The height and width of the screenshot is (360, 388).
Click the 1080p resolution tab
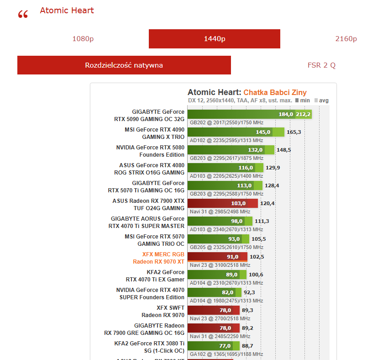tap(83, 39)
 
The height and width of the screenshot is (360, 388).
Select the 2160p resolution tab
tap(346, 39)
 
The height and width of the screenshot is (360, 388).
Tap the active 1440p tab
tap(214, 39)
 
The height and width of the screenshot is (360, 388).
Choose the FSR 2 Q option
tap(321, 65)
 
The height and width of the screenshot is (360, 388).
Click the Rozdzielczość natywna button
tap(124, 65)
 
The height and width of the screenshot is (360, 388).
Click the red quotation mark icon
tap(23, 15)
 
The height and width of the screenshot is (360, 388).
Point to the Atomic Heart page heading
tap(67, 11)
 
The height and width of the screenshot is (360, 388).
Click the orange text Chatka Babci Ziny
tap(275, 92)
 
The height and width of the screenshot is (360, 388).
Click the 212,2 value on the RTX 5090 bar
tap(303, 114)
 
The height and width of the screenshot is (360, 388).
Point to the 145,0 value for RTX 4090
tap(263, 132)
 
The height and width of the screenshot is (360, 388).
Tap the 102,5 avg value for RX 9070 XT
tap(257, 257)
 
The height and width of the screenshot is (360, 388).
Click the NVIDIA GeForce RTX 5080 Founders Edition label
tap(150, 151)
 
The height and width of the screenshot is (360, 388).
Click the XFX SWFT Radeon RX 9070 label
tap(163, 311)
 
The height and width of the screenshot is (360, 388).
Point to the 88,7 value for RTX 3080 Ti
tap(248, 346)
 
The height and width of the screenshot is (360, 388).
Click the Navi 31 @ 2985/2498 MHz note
tap(220, 212)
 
